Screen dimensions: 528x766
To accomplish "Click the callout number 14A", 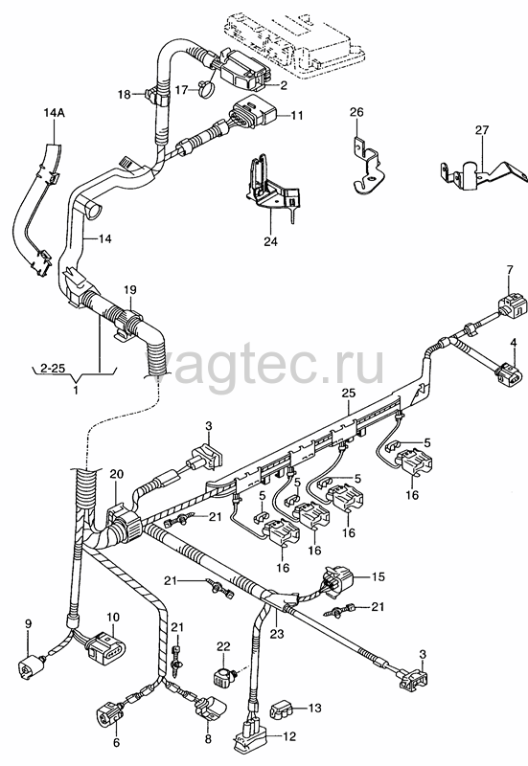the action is pyautogui.click(x=54, y=114).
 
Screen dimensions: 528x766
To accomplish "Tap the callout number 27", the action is pyautogui.click(x=482, y=130).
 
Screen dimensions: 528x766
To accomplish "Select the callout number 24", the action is pyautogui.click(x=270, y=241).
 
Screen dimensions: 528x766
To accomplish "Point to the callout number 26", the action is pyautogui.click(x=356, y=112).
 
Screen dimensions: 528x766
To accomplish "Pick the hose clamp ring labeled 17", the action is pyautogui.click(x=207, y=88).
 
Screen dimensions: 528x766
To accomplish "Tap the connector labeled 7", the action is pyautogui.click(x=513, y=305).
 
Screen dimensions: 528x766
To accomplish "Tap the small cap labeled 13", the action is pyautogui.click(x=283, y=709).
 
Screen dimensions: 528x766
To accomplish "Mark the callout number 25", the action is pyautogui.click(x=349, y=394).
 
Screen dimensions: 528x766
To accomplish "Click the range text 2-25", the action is pyautogui.click(x=53, y=368).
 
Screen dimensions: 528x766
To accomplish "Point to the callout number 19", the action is pyautogui.click(x=129, y=289).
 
